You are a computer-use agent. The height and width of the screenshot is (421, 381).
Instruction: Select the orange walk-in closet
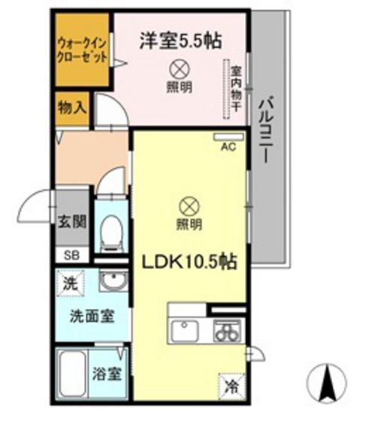pos(82,50)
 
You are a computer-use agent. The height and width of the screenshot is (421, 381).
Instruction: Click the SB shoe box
pos(72,254)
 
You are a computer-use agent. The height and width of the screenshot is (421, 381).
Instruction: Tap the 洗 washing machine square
pos(69,285)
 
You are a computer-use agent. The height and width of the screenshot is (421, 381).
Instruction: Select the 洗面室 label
pos(93,316)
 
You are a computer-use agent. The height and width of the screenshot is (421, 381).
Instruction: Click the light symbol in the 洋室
pos(178,69)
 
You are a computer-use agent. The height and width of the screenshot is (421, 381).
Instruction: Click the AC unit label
pos(228,147)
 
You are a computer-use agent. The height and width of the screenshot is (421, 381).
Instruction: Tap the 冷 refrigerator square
pos(231,388)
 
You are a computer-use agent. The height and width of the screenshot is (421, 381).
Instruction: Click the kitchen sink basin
pos(184,331)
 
